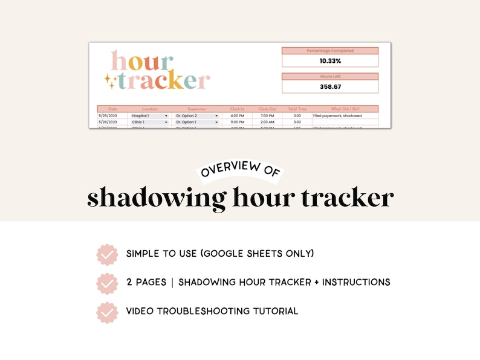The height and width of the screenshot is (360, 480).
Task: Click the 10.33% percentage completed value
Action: pos(330,61)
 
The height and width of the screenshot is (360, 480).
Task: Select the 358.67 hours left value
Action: pos(330,86)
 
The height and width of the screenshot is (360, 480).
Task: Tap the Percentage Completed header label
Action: pos(330,51)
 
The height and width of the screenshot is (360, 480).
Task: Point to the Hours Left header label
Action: pos(330,77)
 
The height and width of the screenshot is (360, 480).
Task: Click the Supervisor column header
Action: pos(196,109)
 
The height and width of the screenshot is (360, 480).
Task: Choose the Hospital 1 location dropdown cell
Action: pos(149,115)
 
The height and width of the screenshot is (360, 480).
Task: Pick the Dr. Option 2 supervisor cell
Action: pos(196,115)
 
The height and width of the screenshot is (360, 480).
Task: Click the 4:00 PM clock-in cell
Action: pos(238,115)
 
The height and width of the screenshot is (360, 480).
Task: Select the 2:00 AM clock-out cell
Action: pos(267,121)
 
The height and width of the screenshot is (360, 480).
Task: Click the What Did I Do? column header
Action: pos(345,109)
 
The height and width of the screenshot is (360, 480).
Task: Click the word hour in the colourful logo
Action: pos(142,62)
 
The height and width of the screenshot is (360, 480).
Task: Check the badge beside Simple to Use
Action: pos(107,254)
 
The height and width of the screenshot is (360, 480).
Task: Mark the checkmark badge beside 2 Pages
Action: pos(107,283)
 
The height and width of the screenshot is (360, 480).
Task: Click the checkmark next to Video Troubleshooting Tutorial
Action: pos(107,312)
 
